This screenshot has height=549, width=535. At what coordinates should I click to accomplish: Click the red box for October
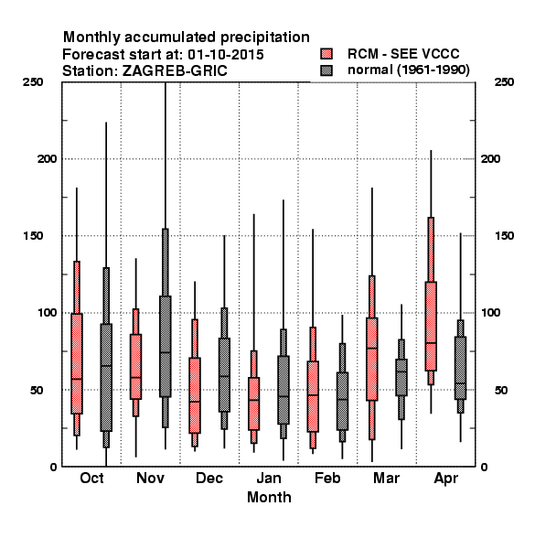click(77, 363)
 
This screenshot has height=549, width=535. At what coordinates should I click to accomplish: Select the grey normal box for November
click(166, 346)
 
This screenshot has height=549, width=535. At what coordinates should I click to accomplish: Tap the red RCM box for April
click(431, 326)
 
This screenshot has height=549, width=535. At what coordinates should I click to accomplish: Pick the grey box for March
click(401, 377)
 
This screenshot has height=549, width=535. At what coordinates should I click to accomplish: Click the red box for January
click(253, 404)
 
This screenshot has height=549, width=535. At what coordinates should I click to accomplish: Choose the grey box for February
click(342, 401)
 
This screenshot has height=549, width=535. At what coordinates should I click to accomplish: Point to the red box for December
click(195, 395)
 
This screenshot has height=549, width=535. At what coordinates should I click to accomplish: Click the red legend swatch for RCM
click(326, 54)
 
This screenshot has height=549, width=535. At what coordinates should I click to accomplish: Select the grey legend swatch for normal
click(326, 70)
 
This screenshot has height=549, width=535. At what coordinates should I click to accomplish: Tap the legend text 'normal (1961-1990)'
click(408, 70)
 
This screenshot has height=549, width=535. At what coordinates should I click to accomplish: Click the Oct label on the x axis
click(91, 478)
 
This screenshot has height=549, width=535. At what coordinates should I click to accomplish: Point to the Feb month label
click(327, 478)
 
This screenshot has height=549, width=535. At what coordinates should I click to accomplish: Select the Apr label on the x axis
click(445, 479)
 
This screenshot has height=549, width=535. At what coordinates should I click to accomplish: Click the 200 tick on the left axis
click(47, 159)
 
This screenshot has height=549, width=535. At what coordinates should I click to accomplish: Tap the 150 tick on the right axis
click(505, 236)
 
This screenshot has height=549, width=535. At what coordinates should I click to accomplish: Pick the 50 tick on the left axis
click(37, 390)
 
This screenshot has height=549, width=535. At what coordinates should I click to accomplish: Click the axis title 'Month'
click(269, 497)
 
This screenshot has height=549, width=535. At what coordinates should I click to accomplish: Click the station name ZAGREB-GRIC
click(175, 71)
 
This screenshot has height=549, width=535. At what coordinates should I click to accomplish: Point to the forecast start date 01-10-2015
click(226, 55)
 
